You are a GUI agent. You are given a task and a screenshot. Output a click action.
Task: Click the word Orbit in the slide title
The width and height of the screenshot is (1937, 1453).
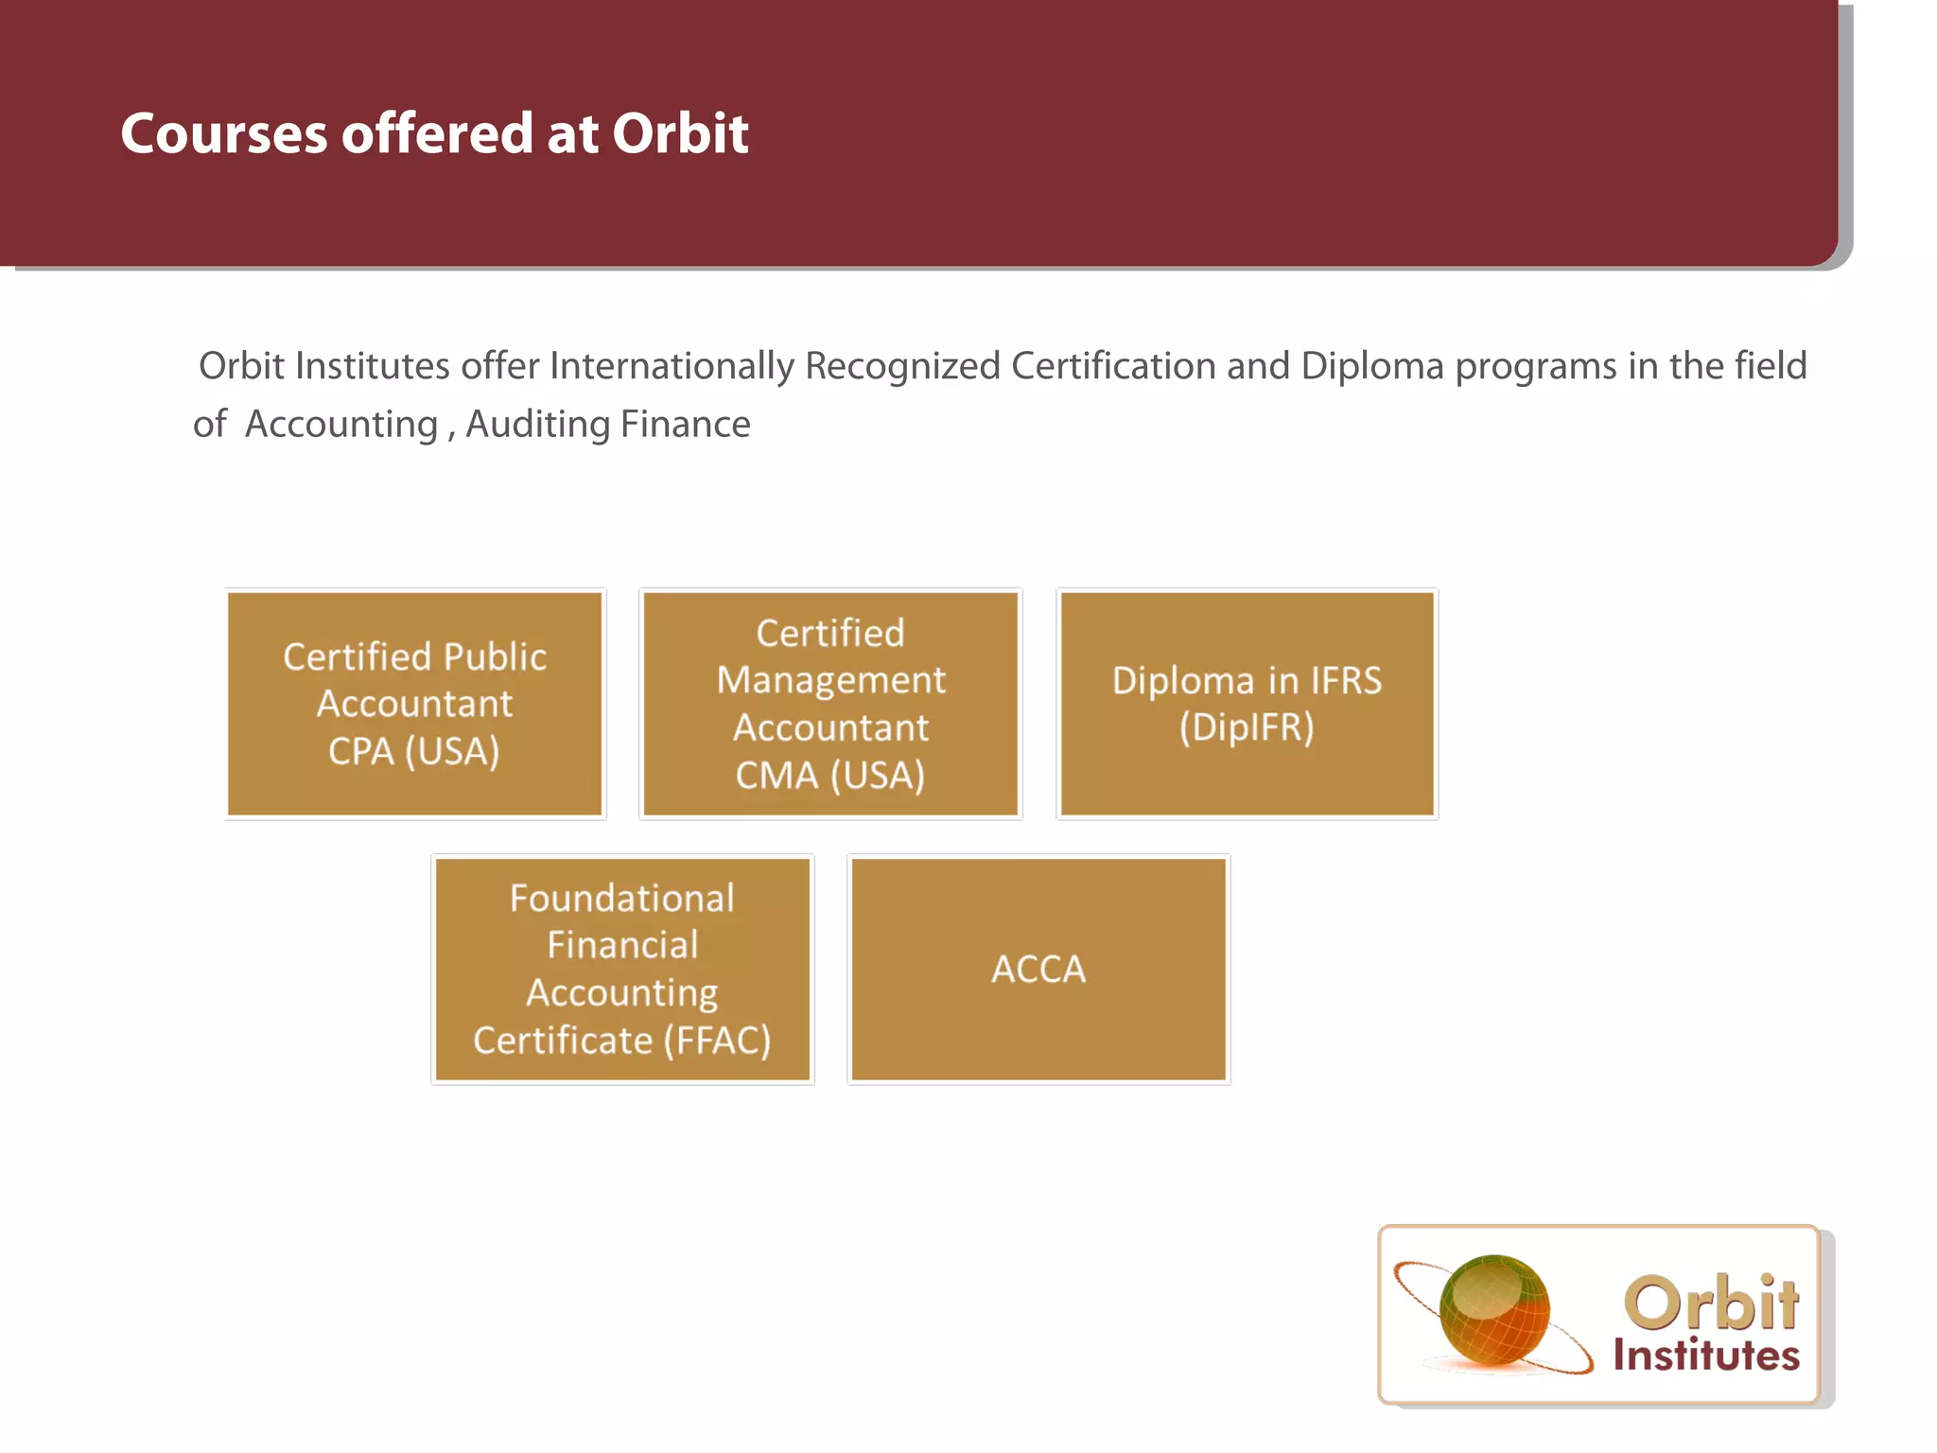pos(680,133)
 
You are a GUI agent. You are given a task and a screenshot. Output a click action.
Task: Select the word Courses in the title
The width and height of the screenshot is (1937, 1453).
pos(223,133)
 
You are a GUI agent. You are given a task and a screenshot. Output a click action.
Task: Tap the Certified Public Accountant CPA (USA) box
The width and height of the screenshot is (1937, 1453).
pos(415,703)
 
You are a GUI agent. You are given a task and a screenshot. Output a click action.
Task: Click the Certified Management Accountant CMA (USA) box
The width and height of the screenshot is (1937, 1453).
pos(830,703)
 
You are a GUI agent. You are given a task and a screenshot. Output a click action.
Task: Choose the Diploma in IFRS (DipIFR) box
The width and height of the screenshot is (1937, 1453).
pos(1247,703)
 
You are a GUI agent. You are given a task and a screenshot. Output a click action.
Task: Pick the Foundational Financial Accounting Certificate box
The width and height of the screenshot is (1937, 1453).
pos(622,969)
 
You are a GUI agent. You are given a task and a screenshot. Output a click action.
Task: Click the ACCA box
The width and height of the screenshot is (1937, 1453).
pos(1038,969)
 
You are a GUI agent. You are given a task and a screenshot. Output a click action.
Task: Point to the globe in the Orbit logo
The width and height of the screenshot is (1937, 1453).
pos(1494,1310)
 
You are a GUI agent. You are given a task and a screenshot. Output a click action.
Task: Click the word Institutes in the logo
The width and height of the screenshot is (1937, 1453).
pos(1706,1355)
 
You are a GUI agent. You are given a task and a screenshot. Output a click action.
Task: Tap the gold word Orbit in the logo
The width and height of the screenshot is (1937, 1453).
pos(1712,1303)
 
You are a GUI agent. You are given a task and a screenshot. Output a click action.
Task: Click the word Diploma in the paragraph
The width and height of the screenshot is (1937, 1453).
pos(1372,367)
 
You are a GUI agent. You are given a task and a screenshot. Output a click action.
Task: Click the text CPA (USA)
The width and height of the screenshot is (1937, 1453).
pos(413,751)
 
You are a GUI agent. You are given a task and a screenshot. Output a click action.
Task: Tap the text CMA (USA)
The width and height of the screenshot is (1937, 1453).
pos(830,776)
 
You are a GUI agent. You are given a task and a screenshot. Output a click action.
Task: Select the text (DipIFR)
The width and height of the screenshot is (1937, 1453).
pos(1247,727)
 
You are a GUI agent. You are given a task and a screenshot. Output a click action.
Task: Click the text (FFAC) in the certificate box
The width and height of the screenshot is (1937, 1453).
pos(717,1041)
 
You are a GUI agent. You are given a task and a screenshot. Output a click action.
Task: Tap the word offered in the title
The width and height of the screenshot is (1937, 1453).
pos(436,133)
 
